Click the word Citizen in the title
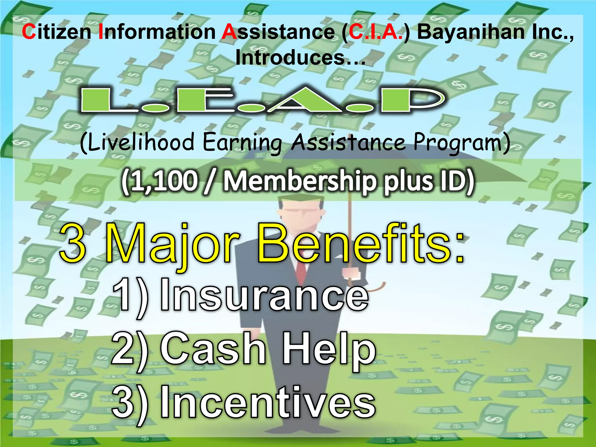pos(56,32)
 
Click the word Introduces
pos(300,57)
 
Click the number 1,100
pos(163,181)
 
